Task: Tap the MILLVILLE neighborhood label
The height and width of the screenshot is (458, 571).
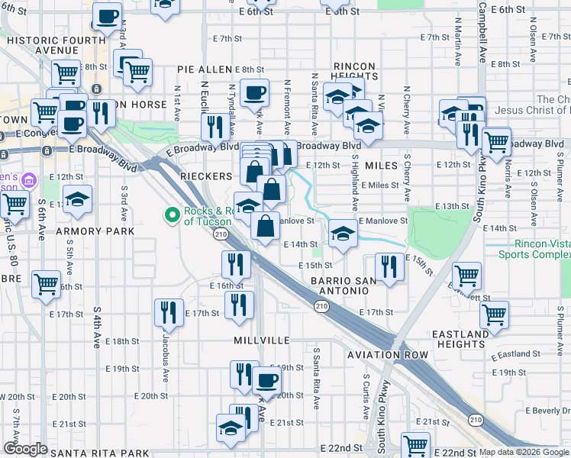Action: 262,339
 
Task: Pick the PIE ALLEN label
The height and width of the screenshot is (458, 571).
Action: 205,69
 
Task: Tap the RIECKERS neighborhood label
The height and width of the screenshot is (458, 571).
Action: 206,176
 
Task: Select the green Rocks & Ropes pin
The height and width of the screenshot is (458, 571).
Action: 173,216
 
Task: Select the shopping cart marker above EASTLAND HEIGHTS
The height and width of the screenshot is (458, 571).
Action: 494,312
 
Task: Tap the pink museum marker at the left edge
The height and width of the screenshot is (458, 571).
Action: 29,181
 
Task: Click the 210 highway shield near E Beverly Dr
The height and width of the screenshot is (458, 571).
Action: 476,420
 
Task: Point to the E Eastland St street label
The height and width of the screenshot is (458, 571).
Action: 515,354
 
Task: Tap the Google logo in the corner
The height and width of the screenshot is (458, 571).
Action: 25,449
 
